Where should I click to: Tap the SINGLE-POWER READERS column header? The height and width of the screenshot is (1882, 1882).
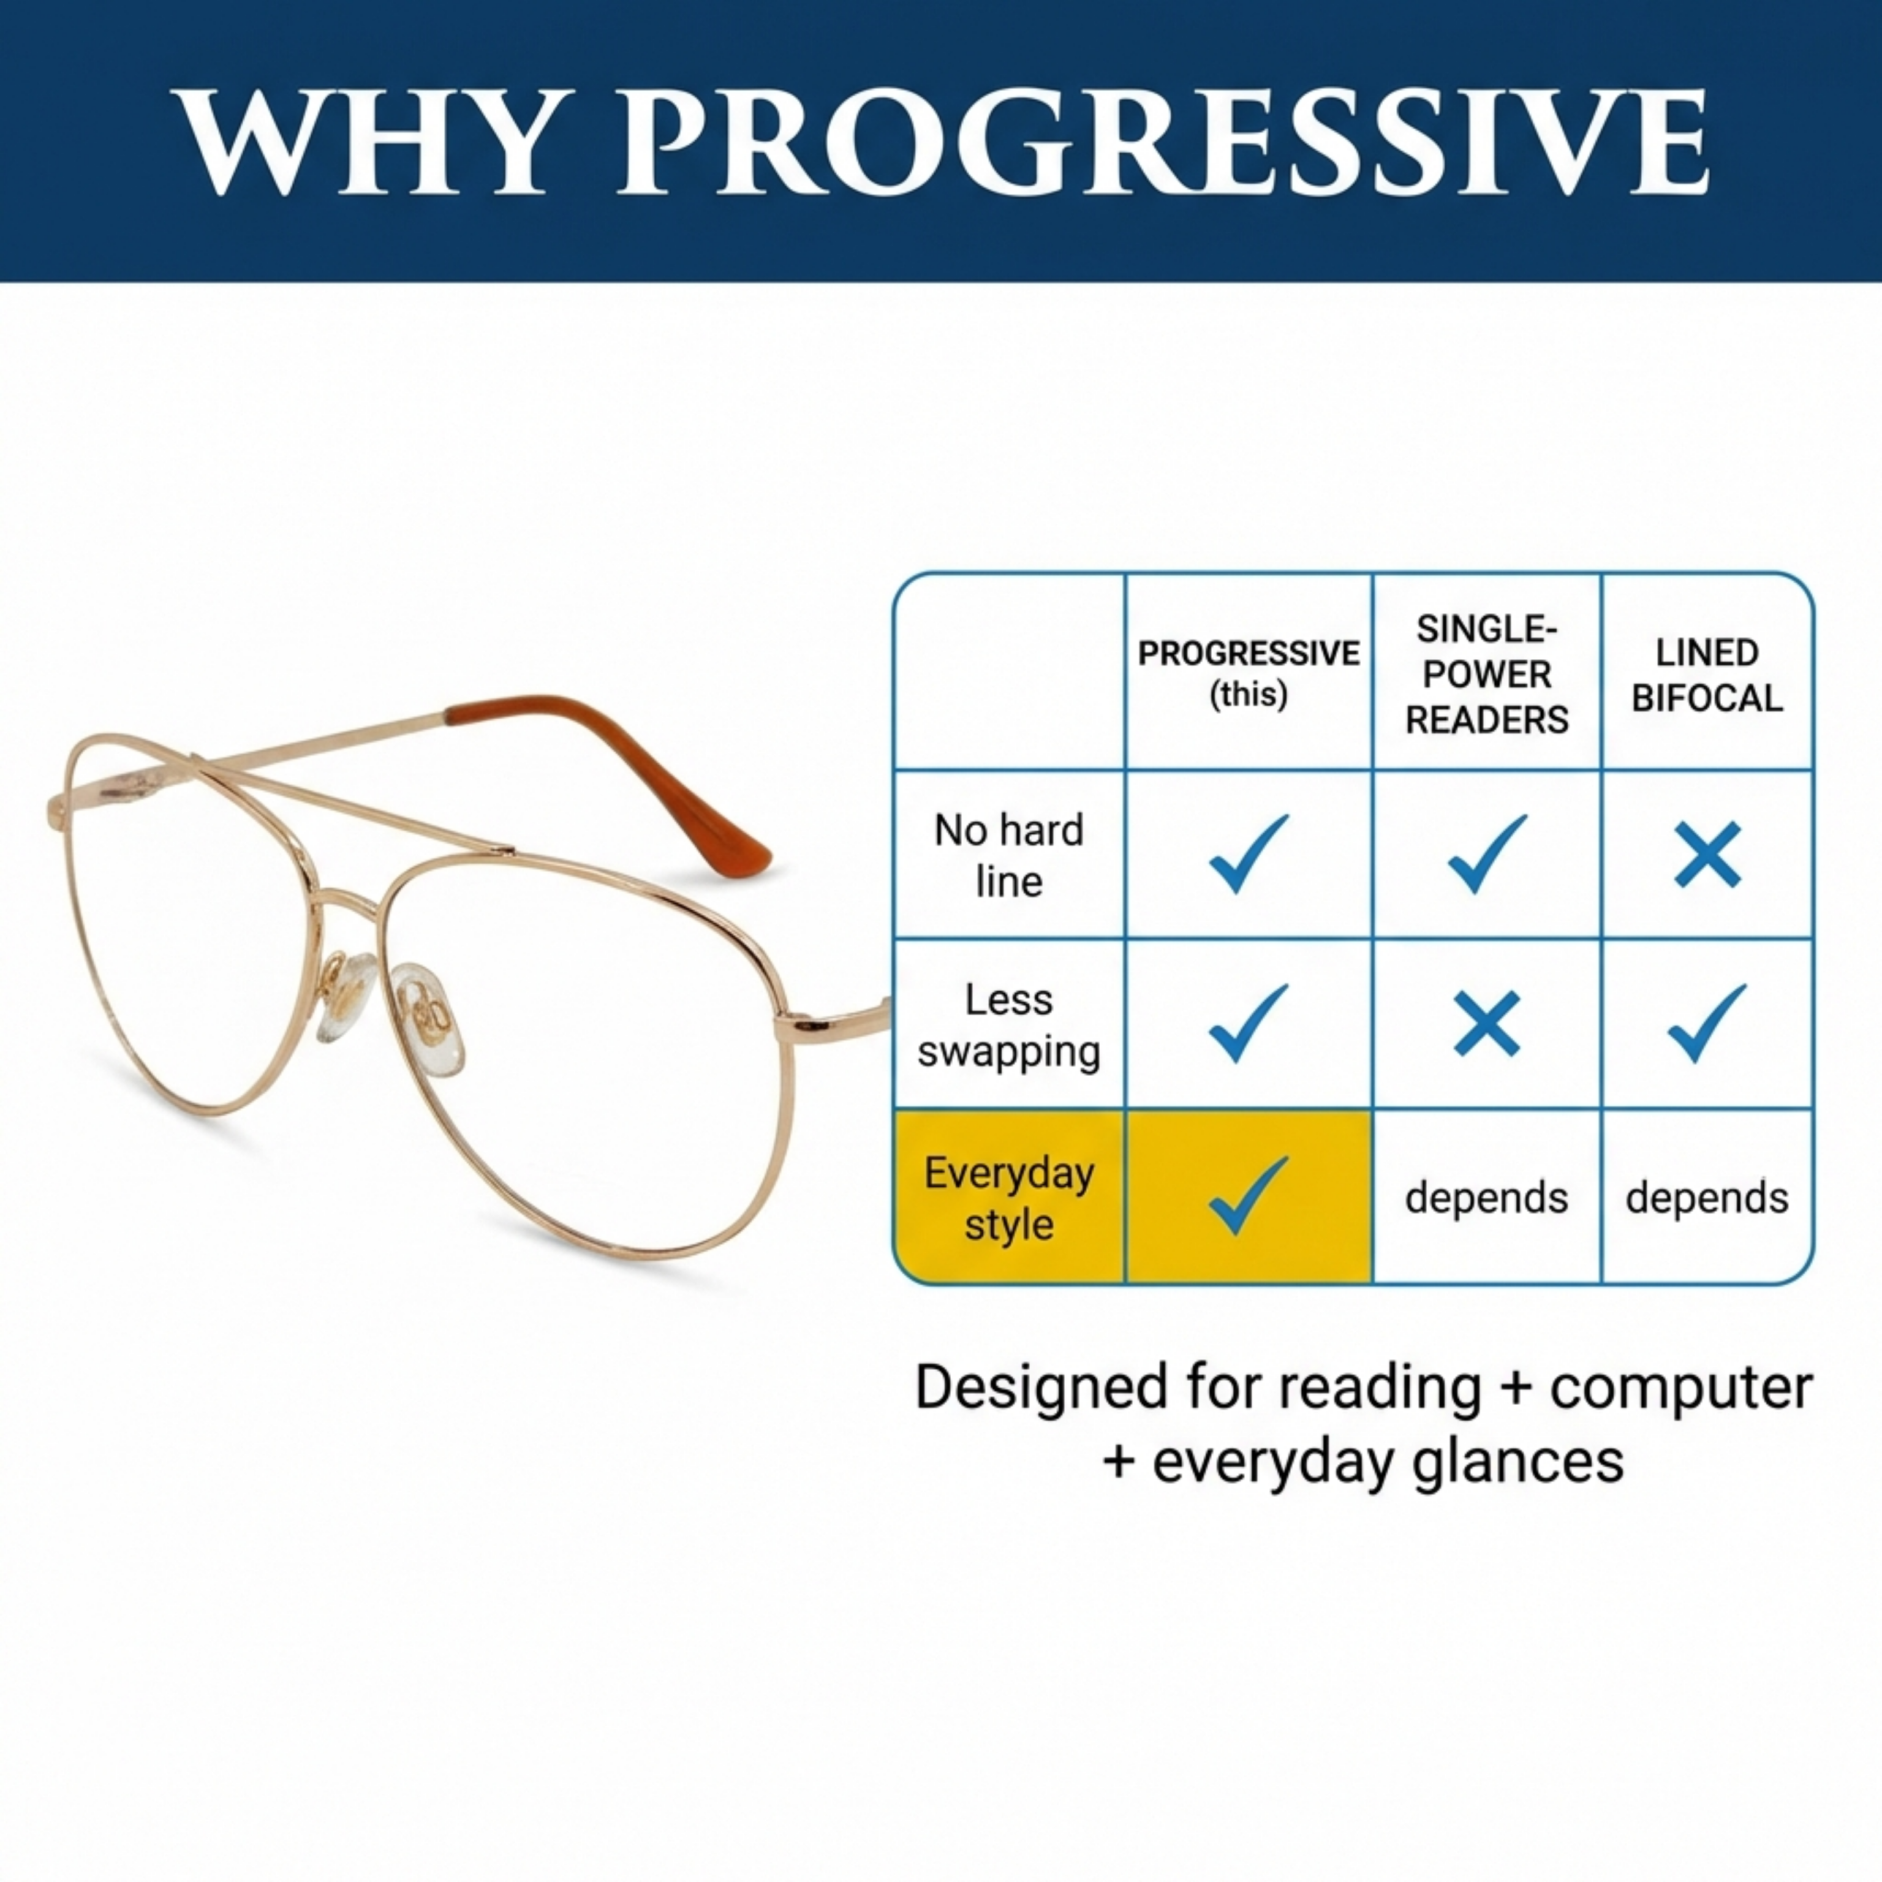1486,674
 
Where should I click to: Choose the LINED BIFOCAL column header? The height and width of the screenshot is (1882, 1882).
1707,674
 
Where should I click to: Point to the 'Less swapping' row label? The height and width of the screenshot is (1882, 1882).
1008,1025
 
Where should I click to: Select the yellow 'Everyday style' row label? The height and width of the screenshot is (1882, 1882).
1008,1197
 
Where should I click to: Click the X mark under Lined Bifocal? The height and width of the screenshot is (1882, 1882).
1707,854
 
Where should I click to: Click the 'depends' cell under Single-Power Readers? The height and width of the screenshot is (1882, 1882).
1486,1197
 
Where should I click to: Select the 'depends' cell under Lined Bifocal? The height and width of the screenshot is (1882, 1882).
1707,1197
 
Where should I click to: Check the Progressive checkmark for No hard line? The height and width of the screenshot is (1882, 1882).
1248,853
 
